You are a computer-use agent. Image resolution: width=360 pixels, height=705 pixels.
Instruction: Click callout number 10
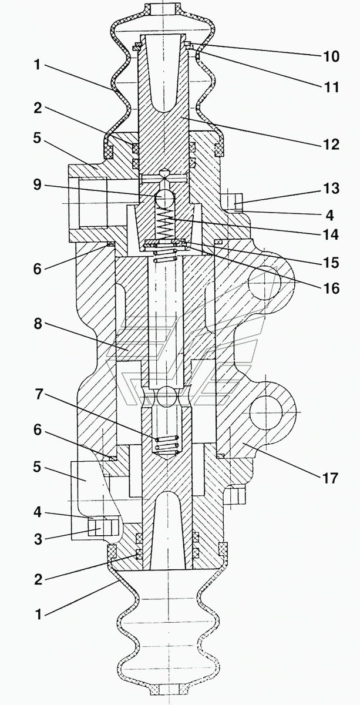point(330,56)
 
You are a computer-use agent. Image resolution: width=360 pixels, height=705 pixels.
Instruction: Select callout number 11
point(330,87)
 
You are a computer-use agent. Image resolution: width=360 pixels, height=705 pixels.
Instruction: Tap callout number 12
point(330,144)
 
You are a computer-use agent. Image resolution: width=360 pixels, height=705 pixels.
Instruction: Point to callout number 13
point(330,189)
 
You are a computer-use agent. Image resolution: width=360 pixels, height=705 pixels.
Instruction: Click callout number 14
point(329,235)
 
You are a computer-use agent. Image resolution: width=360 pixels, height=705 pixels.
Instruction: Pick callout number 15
point(330,263)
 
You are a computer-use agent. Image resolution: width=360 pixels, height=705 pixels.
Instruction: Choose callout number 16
point(330,288)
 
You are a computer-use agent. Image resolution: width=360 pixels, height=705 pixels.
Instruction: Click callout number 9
point(38,184)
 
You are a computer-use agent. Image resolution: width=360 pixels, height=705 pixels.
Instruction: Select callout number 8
point(38,323)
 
